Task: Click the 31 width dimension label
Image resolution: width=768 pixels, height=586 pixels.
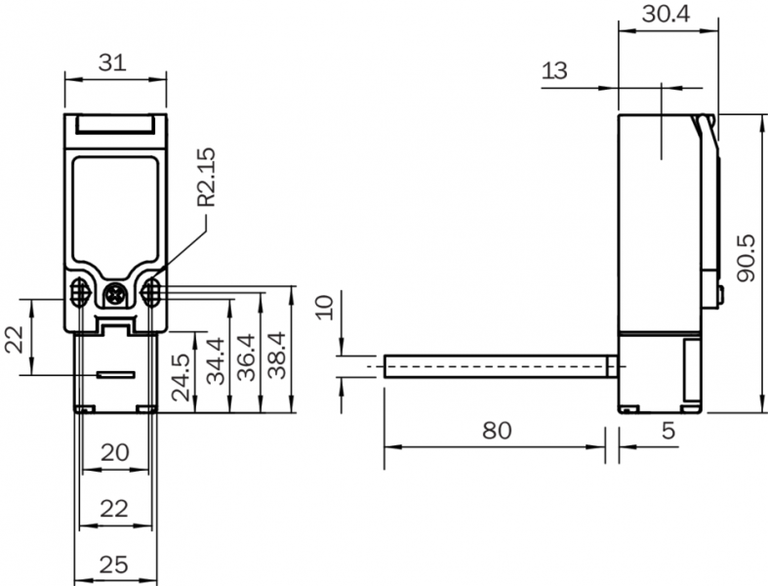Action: pyautogui.click(x=114, y=63)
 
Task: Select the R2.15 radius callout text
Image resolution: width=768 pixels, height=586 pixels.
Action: pyautogui.click(x=207, y=177)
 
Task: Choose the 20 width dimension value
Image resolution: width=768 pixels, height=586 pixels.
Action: pyautogui.click(x=116, y=452)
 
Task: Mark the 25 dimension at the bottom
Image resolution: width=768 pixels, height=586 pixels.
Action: pyautogui.click(x=116, y=564)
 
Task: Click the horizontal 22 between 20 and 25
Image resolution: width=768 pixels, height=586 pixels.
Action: pyautogui.click(x=116, y=508)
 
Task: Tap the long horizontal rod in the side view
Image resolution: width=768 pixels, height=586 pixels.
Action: pyautogui.click(x=498, y=365)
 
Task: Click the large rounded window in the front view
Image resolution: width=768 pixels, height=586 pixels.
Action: pyautogui.click(x=115, y=209)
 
